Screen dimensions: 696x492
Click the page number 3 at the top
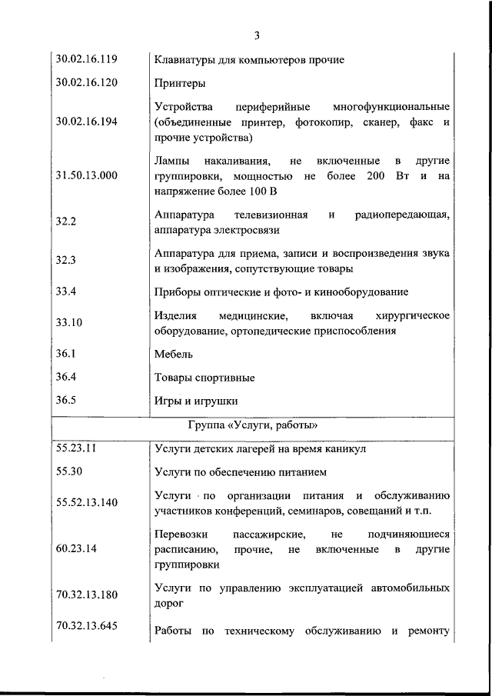pos(257,35)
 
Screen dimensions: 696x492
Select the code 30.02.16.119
pos(86,58)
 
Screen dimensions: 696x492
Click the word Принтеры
pos(178,82)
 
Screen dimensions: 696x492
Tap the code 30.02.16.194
pos(86,122)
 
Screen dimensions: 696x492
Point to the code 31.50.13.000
pos(86,175)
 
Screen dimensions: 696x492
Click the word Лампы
pos(171,162)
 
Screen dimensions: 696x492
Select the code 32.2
pos(66,221)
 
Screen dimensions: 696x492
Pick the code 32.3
pos(66,261)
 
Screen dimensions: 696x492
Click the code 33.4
pos(66,291)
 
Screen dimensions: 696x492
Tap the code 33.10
pos(69,323)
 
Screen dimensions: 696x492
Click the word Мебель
pos(173,355)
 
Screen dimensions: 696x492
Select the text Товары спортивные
pos(204,378)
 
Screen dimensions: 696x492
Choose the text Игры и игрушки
pos(196,401)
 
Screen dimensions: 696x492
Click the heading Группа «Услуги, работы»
pos(253,425)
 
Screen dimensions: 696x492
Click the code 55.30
pos(69,471)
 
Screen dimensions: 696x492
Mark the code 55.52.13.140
pos(86,502)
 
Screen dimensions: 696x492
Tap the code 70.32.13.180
pos(86,595)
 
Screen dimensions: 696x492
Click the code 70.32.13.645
pos(86,626)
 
